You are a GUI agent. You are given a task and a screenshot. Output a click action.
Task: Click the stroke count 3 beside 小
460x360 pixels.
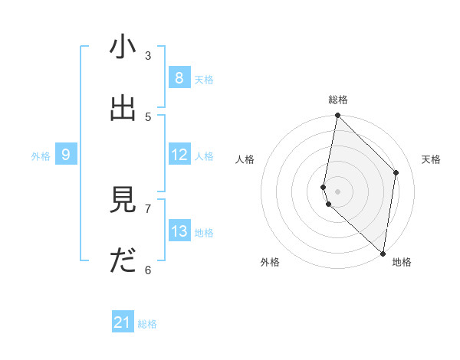tap(148, 56)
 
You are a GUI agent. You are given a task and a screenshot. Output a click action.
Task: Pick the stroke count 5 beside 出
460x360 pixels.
tap(148, 116)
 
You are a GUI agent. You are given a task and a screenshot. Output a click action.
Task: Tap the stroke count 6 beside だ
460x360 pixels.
tap(148, 270)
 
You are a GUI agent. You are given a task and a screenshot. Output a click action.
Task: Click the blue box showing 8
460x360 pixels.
tap(179, 78)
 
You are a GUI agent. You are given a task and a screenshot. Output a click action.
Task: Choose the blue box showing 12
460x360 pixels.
tap(179, 155)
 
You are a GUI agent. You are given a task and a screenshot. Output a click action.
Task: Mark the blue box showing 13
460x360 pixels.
tap(179, 231)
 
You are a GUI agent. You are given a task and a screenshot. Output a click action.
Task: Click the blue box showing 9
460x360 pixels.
tap(66, 155)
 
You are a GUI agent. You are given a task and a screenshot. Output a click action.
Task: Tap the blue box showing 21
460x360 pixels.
tap(123, 322)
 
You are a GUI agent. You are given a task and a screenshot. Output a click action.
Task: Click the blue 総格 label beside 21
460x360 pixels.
tap(147, 324)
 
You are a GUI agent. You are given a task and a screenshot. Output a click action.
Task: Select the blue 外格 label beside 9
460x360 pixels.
tap(41, 156)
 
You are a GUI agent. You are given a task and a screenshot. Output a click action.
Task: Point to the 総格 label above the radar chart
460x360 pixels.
tap(338, 100)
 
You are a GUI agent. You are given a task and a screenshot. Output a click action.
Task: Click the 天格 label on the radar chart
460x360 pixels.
tap(432, 159)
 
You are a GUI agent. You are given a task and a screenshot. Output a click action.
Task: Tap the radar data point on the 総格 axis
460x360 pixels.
tap(337, 116)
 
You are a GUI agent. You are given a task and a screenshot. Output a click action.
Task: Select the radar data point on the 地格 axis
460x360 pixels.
tap(383, 253)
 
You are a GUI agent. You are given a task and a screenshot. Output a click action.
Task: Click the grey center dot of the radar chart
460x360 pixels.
tap(337, 191)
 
